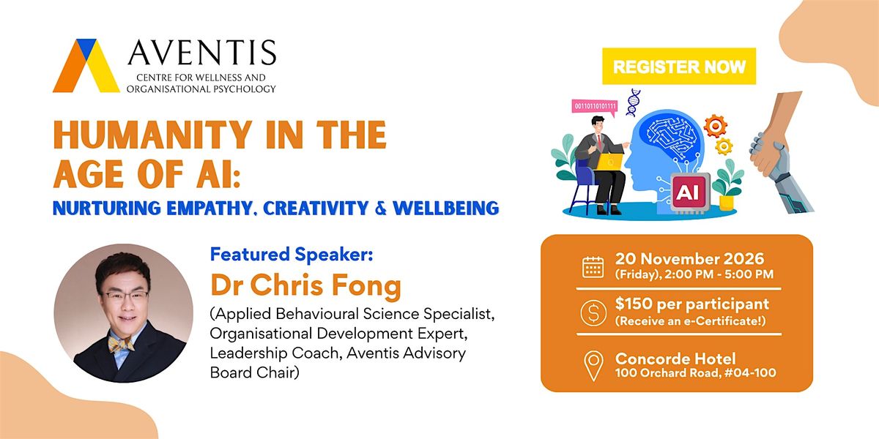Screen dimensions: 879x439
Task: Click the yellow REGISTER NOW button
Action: coord(679,67)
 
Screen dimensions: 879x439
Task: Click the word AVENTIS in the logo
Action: coord(202,52)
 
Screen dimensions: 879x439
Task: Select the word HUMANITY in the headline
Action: coord(152,135)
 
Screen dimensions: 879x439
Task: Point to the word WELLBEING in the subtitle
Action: coord(446,208)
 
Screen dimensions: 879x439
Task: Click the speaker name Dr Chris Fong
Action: coord(306,286)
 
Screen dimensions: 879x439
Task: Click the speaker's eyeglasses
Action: coord(125,296)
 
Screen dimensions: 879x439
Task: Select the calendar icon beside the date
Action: coord(593,267)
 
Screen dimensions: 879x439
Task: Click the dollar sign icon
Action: coord(593,313)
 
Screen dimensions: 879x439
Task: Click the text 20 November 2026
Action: coord(689,259)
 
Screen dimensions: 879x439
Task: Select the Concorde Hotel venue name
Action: coord(675,359)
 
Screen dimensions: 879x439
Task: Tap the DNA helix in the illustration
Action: coord(633,102)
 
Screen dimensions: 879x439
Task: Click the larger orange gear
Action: coord(715,126)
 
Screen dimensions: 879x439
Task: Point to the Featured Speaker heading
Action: coord(292,255)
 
